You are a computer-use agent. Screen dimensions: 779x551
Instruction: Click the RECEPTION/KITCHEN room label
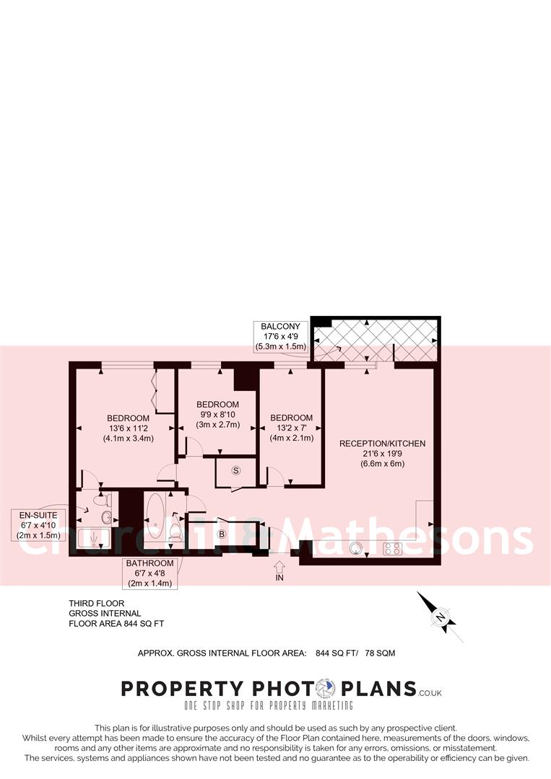tap(382, 444)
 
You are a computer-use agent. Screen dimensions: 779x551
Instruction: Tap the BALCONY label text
tap(282, 327)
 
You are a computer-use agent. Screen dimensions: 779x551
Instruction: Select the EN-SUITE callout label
tap(33, 514)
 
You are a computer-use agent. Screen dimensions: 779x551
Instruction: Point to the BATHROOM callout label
tap(150, 563)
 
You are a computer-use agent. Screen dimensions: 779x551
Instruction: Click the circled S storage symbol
tap(236, 470)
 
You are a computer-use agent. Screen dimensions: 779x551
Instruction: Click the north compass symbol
tap(438, 617)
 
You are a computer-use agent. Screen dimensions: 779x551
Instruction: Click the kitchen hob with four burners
tap(392, 548)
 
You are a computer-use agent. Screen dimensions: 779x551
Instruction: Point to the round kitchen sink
tap(355, 548)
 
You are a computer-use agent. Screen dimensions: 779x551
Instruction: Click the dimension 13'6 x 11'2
tap(128, 428)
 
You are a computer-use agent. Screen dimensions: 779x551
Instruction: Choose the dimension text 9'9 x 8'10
tap(217, 414)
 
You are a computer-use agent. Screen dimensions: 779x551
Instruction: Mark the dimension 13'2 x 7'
tap(291, 428)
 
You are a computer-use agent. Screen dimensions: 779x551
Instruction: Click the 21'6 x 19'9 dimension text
tap(382, 454)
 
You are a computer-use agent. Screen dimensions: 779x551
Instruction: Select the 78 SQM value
tap(380, 653)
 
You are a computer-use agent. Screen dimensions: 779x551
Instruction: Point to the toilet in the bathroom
tap(175, 532)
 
